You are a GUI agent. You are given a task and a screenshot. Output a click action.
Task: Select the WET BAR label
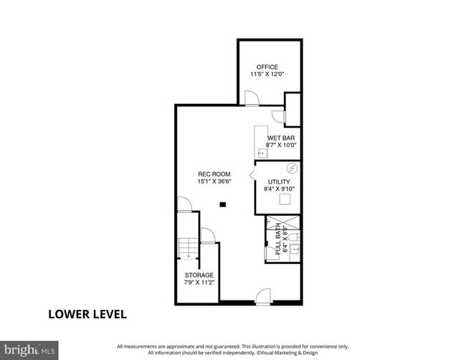(281, 138)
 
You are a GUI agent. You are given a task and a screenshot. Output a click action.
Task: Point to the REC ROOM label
(214, 174)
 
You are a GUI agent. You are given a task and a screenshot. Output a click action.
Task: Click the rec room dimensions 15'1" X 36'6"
(214, 181)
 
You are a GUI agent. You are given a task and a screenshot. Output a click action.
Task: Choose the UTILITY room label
(279, 182)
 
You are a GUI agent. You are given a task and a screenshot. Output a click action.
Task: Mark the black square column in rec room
(223, 204)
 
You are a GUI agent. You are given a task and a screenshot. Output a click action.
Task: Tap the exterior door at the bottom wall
(264, 295)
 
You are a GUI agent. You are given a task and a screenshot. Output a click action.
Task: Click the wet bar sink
(261, 152)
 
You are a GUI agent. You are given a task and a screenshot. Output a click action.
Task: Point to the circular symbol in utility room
(291, 169)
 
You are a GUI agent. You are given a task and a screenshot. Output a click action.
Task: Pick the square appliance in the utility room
(286, 200)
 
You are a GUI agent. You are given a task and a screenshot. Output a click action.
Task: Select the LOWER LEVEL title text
(87, 314)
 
